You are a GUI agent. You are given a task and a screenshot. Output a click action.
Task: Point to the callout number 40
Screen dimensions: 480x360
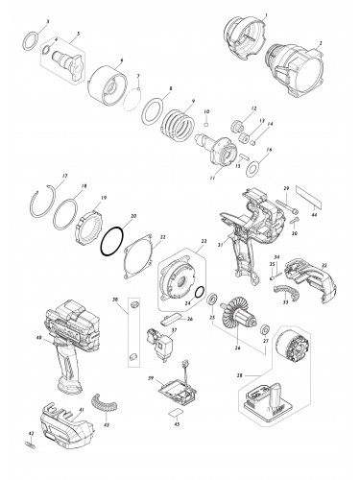[36, 337]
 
